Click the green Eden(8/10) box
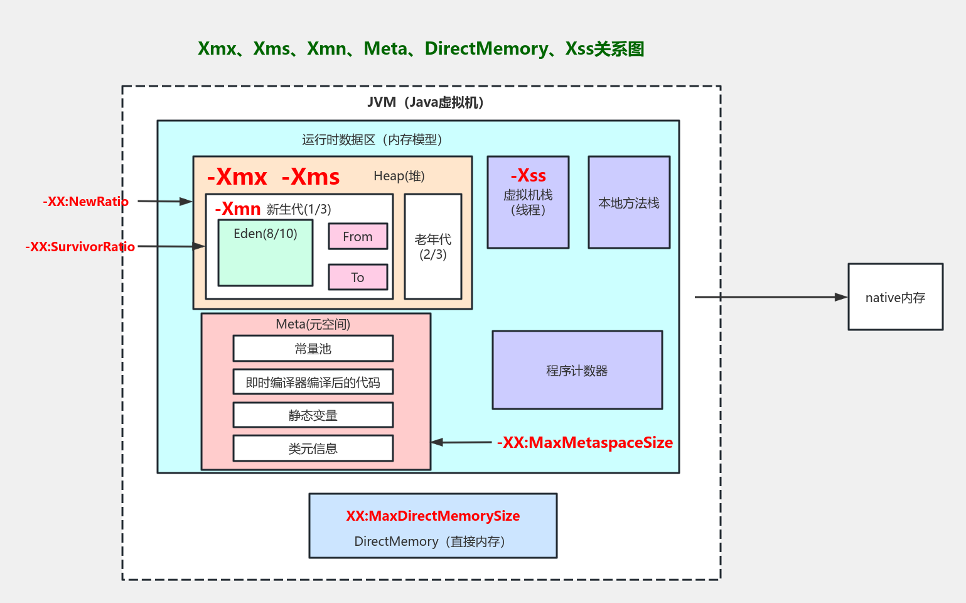[265, 253]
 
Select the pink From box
[358, 237]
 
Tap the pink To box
[358, 277]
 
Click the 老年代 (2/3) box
[433, 247]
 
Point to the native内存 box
[895, 297]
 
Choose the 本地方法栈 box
[629, 203]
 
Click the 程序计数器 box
[577, 371]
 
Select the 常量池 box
[313, 349]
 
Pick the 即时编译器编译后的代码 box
[313, 382]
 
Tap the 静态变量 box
[313, 415]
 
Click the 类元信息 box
[313, 448]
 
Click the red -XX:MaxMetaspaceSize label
[585, 443]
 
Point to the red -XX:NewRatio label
[85, 202]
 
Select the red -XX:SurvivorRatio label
[80, 247]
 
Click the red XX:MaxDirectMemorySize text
[432, 516]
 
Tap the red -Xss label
[529, 175]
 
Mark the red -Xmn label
[238, 209]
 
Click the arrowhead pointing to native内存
[841, 297]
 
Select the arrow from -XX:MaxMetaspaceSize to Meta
[461, 442]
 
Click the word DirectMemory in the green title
[486, 48]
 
